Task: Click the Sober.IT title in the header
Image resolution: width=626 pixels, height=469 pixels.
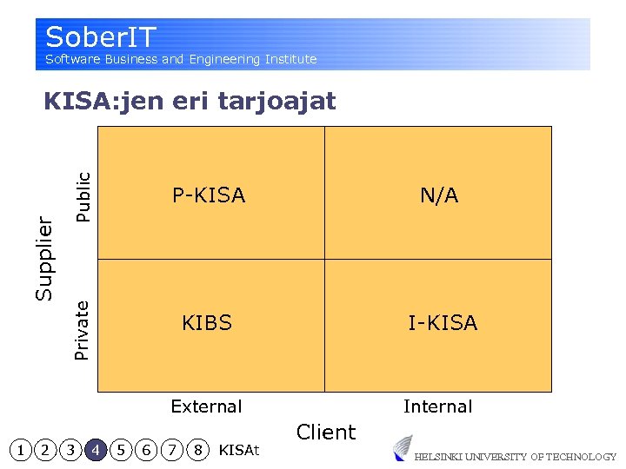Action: point(100,37)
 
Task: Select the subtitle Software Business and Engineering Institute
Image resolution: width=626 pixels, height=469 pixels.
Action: point(181,59)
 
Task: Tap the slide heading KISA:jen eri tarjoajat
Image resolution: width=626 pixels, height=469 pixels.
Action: point(190,101)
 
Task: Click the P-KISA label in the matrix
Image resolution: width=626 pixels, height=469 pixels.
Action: point(209,195)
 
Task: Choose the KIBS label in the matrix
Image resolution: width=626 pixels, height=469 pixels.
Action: point(207,323)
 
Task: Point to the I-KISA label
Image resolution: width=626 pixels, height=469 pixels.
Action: point(443,323)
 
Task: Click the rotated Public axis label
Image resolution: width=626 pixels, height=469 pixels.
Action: point(83,195)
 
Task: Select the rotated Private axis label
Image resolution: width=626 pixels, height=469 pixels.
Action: point(83,329)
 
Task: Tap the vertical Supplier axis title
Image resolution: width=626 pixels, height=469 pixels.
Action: point(44,259)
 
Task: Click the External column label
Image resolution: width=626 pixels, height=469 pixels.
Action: point(206,406)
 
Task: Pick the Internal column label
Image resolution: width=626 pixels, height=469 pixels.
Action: point(437,406)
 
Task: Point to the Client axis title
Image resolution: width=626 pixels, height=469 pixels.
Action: point(326,432)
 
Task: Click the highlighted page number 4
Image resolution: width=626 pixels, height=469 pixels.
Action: point(97,450)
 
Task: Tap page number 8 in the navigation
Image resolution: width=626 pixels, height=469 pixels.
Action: point(198,450)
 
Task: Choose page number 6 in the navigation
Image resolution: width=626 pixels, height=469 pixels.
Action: point(148,450)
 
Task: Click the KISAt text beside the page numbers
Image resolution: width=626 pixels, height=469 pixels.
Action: point(239,450)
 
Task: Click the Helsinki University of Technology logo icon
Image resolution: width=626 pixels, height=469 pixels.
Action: point(402,448)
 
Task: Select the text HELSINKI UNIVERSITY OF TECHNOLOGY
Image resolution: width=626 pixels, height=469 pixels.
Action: point(515,457)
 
